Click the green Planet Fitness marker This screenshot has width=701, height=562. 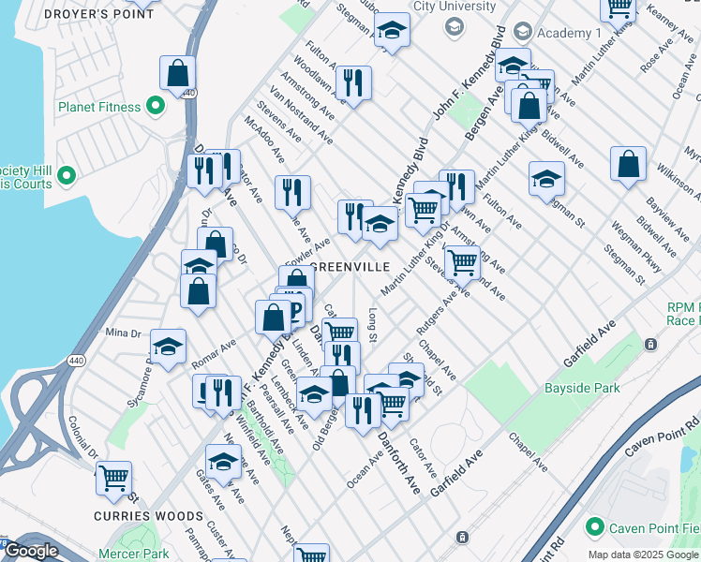click(x=156, y=107)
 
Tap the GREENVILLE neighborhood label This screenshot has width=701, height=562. click(x=350, y=267)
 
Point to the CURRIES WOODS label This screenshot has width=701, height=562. click(x=148, y=516)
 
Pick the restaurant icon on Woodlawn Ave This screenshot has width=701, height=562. click(x=353, y=82)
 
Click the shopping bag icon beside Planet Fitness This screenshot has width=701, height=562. click(x=177, y=73)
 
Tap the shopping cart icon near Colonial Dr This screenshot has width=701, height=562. click(x=113, y=478)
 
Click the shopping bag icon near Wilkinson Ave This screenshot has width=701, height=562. click(x=628, y=163)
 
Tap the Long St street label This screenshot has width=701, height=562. click(x=372, y=324)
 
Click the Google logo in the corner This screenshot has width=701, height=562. click(x=30, y=552)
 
